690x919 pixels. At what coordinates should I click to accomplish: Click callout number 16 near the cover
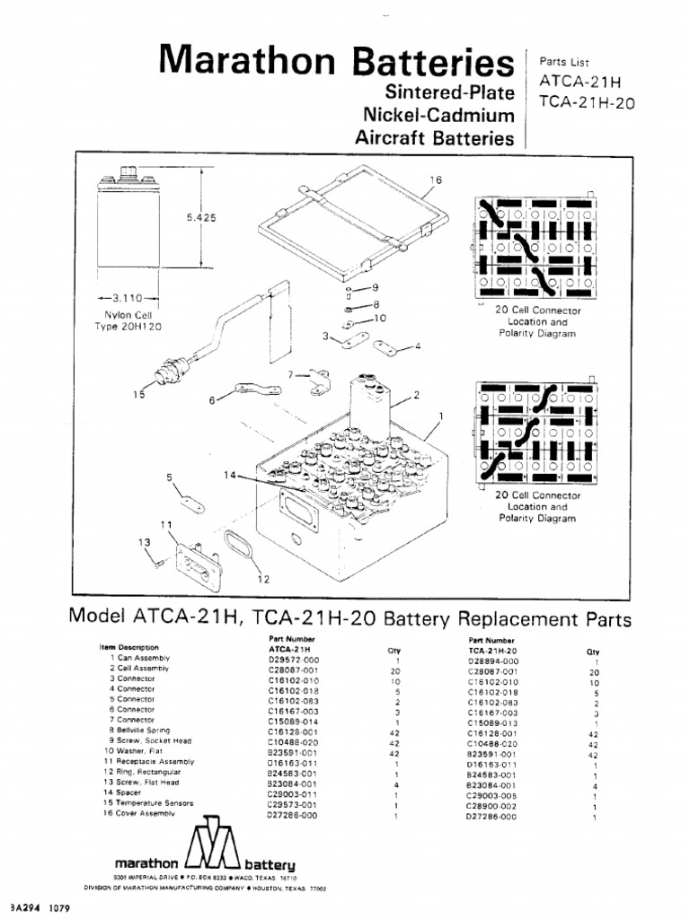(436, 179)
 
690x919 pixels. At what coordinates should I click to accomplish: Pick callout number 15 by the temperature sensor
(137, 393)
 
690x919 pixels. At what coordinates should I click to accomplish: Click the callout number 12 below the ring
(262, 579)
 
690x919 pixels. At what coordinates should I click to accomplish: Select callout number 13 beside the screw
(142, 542)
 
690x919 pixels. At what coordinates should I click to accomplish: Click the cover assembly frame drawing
(355, 228)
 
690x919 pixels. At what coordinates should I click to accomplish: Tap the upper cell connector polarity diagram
(534, 247)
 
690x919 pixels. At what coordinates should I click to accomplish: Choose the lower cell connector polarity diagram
(534, 432)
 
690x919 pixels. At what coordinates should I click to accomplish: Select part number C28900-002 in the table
(492, 804)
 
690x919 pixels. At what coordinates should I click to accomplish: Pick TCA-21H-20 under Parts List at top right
(587, 102)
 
